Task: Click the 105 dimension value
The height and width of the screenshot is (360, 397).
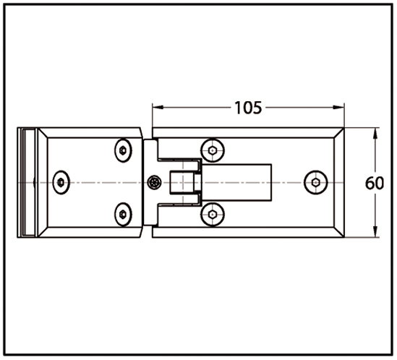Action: click(248, 108)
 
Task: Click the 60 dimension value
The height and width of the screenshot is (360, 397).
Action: click(375, 183)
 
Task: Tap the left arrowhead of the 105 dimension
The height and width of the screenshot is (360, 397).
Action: click(158, 107)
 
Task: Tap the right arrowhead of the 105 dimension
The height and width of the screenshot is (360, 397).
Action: click(338, 107)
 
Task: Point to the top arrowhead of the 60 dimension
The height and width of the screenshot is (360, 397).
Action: click(375, 133)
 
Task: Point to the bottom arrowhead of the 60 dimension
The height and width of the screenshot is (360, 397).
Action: click(375, 231)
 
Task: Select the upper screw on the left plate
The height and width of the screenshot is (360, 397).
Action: click(123, 150)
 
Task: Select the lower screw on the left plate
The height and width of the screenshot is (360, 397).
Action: click(123, 214)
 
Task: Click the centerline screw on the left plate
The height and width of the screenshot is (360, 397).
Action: click(61, 183)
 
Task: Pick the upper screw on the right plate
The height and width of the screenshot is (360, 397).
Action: click(213, 150)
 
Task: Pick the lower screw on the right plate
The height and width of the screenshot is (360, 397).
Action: click(213, 215)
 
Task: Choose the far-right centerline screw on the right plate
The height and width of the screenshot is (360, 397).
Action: click(316, 183)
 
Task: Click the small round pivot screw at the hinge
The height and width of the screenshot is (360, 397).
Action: click(154, 183)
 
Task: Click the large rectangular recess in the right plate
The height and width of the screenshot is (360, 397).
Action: click(236, 183)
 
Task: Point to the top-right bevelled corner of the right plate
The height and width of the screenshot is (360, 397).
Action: click(339, 133)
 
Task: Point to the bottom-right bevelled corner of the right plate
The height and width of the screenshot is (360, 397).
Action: click(339, 232)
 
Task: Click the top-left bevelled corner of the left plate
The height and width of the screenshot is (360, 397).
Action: click(43, 133)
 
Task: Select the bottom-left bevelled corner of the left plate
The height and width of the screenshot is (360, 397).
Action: click(43, 232)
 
